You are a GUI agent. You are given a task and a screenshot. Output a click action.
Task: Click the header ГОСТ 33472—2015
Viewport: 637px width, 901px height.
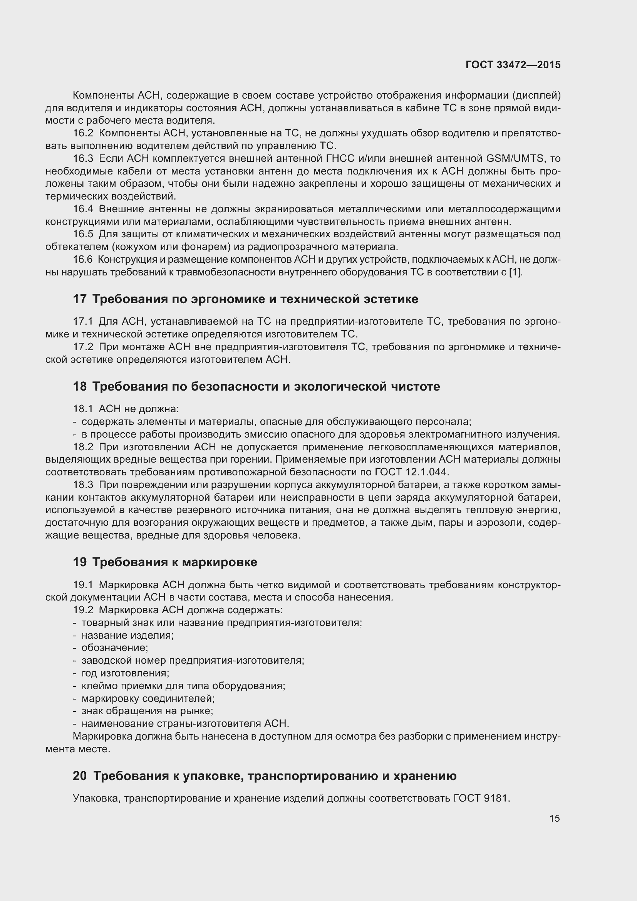click(513, 65)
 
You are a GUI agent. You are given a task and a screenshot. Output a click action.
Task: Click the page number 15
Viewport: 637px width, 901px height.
click(554, 818)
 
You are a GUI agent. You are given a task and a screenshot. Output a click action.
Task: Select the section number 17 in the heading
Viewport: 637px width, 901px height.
click(79, 299)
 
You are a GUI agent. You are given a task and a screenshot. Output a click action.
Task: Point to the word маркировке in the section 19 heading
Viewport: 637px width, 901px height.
click(220, 562)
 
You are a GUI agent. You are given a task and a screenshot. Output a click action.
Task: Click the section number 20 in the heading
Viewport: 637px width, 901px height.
click(80, 776)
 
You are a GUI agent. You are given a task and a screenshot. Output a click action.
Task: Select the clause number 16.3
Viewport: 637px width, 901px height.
click(83, 159)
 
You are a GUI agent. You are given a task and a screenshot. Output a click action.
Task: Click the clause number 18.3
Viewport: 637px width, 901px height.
click(83, 485)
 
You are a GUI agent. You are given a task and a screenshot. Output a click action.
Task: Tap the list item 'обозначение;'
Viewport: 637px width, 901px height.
click(114, 648)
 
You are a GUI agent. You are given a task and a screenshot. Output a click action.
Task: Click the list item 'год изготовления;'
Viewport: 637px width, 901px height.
click(125, 673)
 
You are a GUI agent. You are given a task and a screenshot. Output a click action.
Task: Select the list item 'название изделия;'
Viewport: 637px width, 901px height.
click(127, 635)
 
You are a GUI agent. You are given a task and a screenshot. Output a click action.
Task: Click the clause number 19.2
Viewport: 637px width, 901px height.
click(83, 610)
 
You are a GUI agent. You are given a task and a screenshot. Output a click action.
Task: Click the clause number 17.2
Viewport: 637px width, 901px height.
click(83, 347)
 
